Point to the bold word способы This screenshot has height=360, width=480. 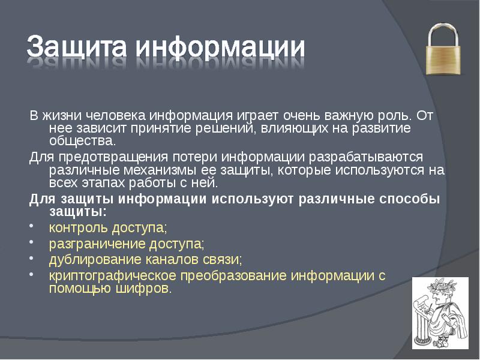coord(408,199)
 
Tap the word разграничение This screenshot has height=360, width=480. coord(88,244)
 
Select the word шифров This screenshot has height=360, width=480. coord(147,289)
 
